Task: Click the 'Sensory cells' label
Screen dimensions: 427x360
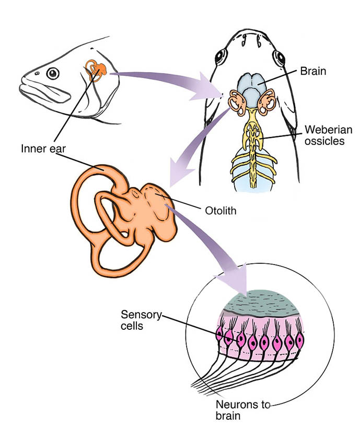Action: pyautogui.click(x=140, y=320)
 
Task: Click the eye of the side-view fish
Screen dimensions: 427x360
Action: pyautogui.click(x=53, y=74)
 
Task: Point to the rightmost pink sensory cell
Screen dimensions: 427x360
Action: pyautogui.click(x=299, y=340)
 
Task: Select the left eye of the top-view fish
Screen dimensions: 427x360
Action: pyautogui.click(x=219, y=54)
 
